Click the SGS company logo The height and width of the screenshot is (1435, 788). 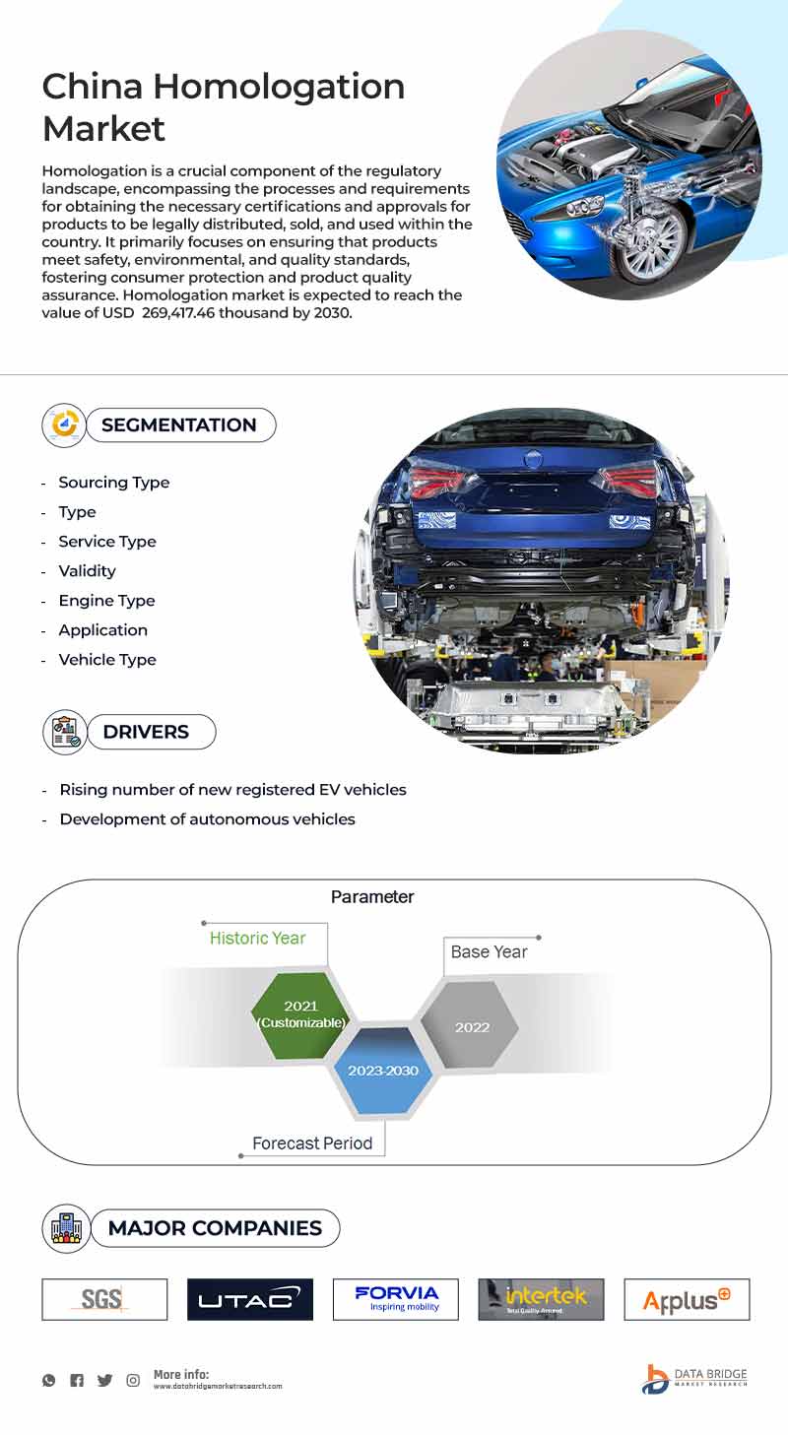tap(104, 1299)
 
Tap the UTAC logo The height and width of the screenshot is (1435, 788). tap(250, 1299)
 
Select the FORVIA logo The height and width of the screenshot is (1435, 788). tap(396, 1299)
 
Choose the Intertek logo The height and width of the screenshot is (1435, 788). tap(542, 1299)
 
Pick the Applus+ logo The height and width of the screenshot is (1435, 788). tap(687, 1299)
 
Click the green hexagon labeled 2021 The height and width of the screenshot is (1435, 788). tap(300, 1013)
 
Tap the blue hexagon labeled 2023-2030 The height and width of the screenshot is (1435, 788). tap(382, 1071)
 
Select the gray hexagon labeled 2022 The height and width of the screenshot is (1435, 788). tap(472, 1026)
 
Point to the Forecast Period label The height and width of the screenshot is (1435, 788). tap(312, 1143)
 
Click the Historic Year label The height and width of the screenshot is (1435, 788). tap(257, 938)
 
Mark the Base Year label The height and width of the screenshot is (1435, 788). tap(489, 951)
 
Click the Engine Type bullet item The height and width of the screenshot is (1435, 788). tap(106, 601)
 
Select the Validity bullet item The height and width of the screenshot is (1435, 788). tap(87, 571)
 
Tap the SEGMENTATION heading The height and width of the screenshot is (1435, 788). tap(178, 425)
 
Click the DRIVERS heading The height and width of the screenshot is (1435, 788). tap(146, 732)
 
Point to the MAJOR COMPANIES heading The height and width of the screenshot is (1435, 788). tap(215, 1228)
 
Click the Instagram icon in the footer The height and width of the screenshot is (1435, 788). tap(133, 1380)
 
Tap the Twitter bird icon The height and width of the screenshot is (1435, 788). tap(104, 1380)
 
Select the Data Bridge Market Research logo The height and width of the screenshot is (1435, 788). tap(694, 1379)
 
